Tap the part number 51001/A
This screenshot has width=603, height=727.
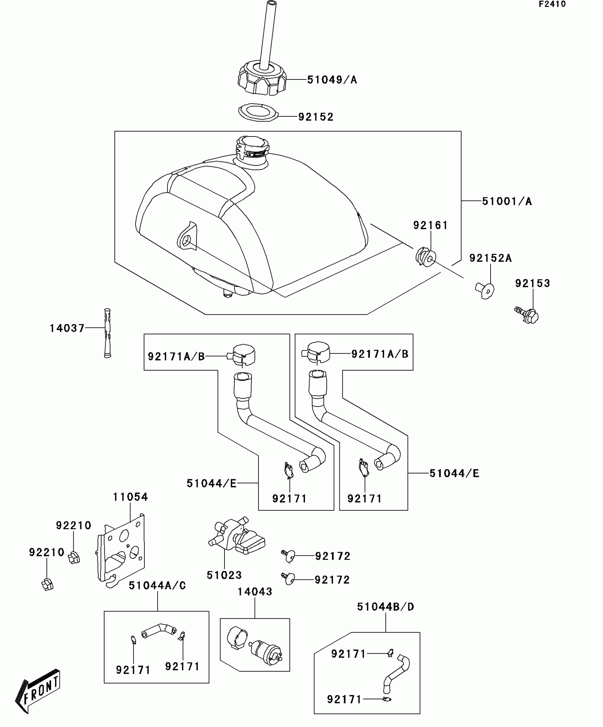tap(507, 201)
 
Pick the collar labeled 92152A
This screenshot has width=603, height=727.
tap(485, 290)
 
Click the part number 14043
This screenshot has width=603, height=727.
tap(255, 592)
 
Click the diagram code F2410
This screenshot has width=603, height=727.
tap(552, 4)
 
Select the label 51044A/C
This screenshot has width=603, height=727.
tap(157, 586)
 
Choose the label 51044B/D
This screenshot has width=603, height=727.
tap(386, 607)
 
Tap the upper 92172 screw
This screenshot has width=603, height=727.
tap(289, 556)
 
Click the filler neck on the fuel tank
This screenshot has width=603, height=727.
tap(251, 151)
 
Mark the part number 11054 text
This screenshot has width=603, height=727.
tap(130, 497)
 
